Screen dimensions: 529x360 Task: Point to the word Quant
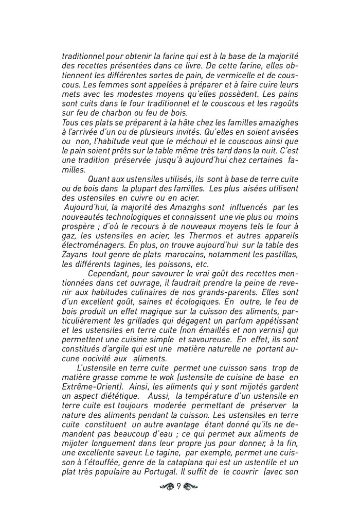[99, 179]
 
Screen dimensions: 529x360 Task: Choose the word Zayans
[75, 255]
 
